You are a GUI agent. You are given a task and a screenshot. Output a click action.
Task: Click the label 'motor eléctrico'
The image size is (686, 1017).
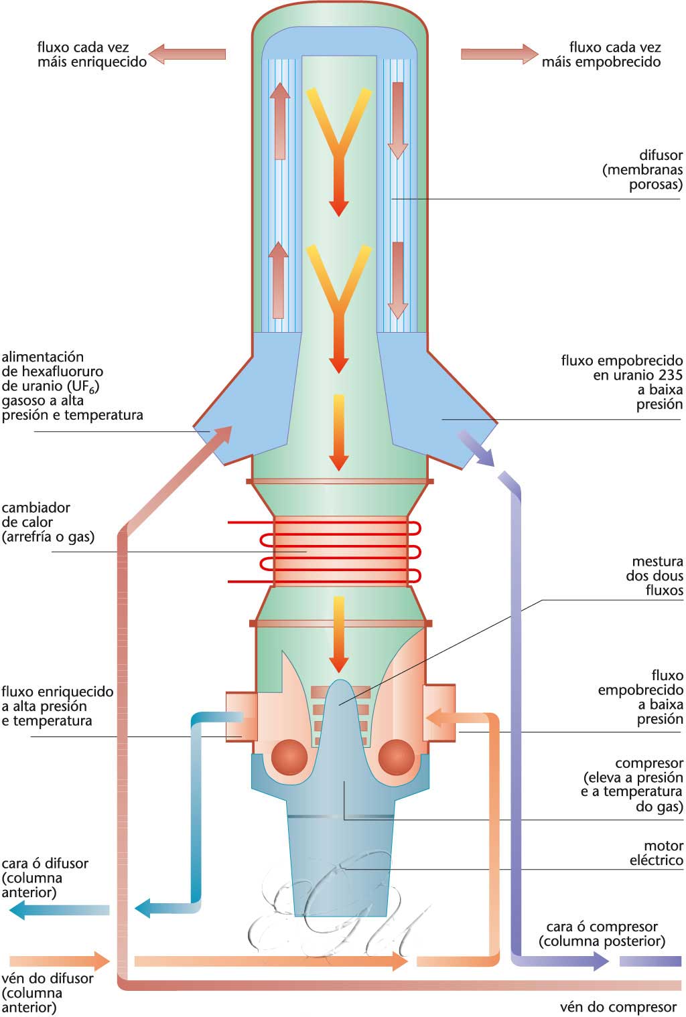(656, 853)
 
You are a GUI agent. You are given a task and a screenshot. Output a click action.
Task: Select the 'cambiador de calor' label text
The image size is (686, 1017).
(47, 522)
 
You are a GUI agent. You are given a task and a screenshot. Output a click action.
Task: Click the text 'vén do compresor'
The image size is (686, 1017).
(618, 1007)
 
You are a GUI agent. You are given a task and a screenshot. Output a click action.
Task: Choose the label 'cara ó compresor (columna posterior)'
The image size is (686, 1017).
(602, 934)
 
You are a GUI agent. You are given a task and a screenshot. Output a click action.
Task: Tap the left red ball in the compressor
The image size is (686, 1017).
(289, 757)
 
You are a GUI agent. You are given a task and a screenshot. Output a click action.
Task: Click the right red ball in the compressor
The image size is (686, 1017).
(396, 757)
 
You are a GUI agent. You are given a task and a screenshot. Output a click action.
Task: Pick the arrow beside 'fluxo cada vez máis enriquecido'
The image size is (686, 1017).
(186, 54)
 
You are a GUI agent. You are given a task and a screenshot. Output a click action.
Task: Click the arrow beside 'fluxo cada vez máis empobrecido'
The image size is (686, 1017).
(500, 54)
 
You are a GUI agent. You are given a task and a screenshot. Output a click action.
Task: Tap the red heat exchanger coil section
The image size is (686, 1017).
(340, 551)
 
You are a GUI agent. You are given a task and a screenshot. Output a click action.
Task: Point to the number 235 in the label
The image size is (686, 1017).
(669, 375)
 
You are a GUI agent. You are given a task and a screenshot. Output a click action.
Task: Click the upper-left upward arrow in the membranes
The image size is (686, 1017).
(279, 121)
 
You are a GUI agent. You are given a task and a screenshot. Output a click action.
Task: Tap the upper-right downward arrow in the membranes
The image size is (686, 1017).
(398, 121)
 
